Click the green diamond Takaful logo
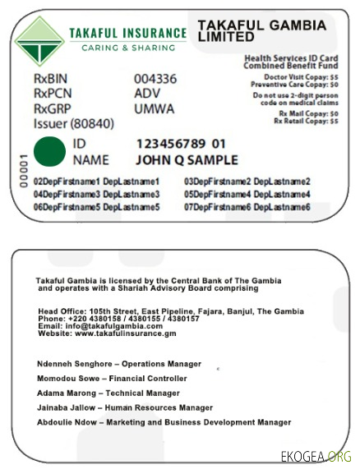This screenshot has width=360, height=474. click(x=39, y=40)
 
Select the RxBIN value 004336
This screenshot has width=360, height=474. click(x=155, y=79)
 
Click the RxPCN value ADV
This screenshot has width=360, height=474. click(x=147, y=93)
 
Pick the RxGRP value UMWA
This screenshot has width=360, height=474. click(x=154, y=108)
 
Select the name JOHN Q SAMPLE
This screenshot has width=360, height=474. click(x=187, y=159)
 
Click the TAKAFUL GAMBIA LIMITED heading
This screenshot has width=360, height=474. click(x=261, y=32)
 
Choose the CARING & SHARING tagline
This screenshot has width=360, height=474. click(x=127, y=48)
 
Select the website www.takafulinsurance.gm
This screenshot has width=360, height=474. click(x=107, y=334)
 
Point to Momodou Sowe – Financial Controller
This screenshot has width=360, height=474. click(x=103, y=378)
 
